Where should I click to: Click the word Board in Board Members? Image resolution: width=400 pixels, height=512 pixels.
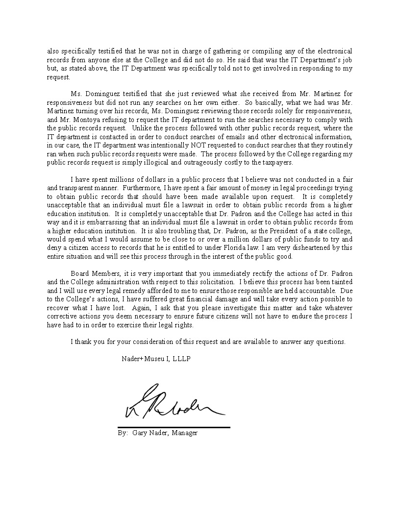pos(80,273)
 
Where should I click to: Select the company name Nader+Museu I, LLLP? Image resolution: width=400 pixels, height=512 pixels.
pos(156,359)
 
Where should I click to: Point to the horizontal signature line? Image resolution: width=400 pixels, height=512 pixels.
pos(174,427)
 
